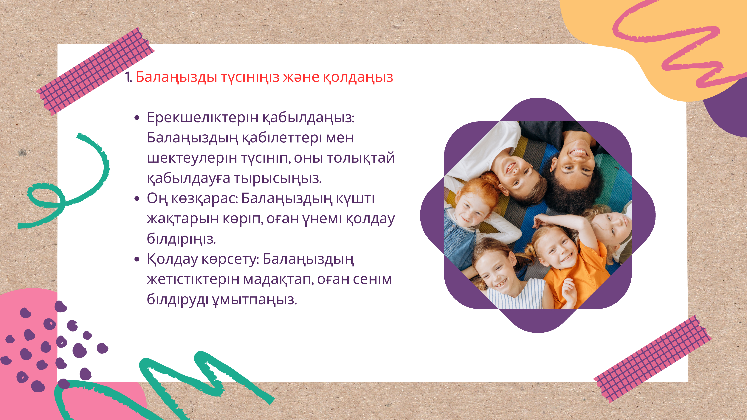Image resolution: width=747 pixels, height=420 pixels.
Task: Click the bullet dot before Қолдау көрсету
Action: coord(137,259)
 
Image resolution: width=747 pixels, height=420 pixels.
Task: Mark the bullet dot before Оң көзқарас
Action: coord(137,199)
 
